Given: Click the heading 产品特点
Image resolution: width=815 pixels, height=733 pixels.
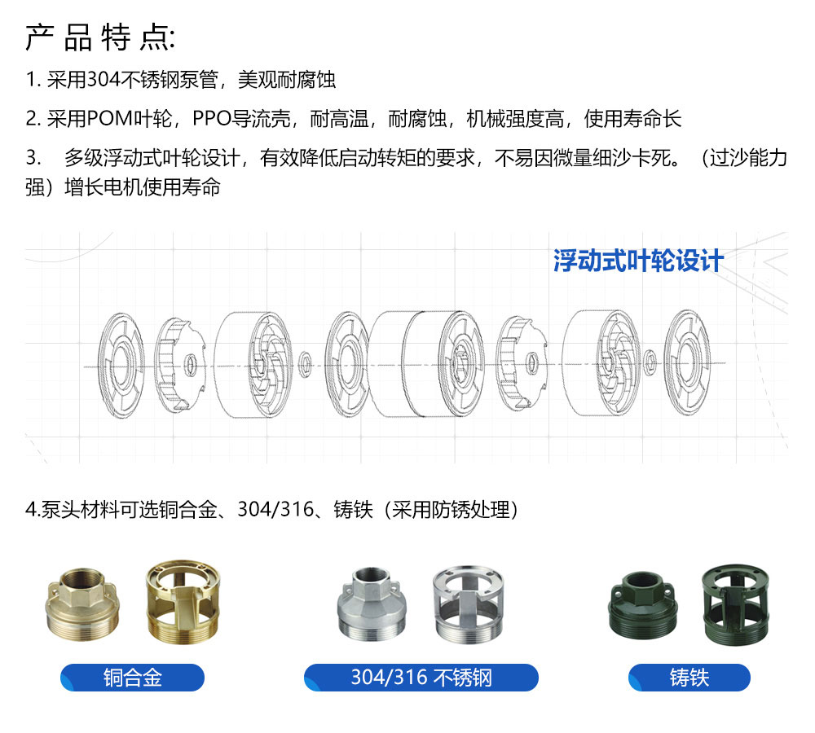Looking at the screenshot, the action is [x=99, y=37].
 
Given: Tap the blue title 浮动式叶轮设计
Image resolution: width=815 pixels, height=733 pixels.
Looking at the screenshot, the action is [x=638, y=261].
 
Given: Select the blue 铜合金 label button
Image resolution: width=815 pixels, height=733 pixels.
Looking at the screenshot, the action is [x=133, y=678].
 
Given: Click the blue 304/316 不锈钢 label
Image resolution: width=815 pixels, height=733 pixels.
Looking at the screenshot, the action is [x=421, y=678].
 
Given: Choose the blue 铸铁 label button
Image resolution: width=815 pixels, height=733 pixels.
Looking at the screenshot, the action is [x=689, y=678].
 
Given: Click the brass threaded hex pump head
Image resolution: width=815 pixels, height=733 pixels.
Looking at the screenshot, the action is [x=82, y=604].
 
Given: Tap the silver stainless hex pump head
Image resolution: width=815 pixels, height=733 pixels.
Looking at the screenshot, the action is [x=372, y=604].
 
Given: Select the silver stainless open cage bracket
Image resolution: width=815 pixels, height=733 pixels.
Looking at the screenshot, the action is [x=469, y=604].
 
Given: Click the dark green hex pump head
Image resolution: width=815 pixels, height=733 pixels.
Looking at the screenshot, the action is [x=643, y=605].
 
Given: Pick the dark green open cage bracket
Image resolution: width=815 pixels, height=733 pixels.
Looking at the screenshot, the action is [x=735, y=605].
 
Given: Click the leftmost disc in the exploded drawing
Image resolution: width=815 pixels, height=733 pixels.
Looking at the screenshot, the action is [x=121, y=366].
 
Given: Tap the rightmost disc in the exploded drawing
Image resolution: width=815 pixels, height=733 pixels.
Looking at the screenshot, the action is [x=687, y=362].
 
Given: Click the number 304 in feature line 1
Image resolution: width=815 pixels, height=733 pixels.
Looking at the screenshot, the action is [x=104, y=80].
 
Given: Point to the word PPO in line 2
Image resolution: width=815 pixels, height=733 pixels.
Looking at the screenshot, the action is [x=212, y=118].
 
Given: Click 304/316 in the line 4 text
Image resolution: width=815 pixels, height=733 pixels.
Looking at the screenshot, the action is [x=276, y=510].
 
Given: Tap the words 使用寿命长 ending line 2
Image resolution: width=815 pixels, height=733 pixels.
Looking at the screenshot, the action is [x=632, y=118].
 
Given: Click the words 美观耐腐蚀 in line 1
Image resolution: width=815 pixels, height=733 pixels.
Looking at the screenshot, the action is [x=287, y=80].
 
